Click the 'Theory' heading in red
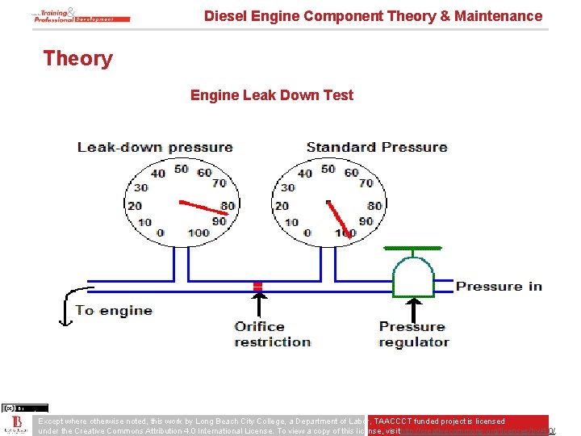tap(77, 58)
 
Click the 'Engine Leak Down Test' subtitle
tap(271, 95)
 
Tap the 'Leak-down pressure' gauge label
tap(155, 147)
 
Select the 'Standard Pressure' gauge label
tap(376, 147)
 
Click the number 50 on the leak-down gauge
tap(182, 169)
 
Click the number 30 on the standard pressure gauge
tap(288, 187)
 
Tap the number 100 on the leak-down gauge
tap(198, 233)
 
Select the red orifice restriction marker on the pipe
tap(258, 286)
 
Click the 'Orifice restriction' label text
tap(272, 334)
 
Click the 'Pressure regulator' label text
tap(413, 334)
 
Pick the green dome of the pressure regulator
tap(412, 275)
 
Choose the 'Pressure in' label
tap(499, 287)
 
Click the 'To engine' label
tap(114, 310)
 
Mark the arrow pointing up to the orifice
tap(258, 305)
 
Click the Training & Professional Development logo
tap(82, 15)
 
